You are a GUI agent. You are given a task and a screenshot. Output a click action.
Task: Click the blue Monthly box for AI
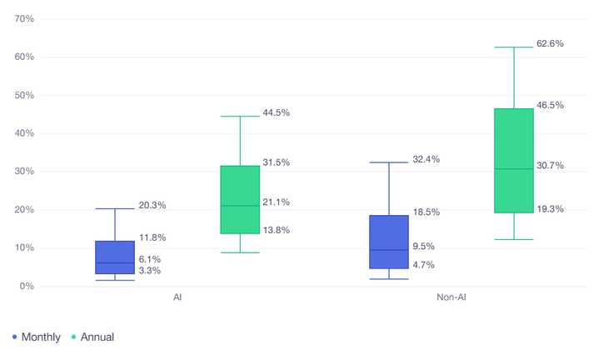115,257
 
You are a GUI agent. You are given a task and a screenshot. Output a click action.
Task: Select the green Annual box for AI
240,200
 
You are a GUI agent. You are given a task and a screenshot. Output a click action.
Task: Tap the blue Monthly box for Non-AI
389,242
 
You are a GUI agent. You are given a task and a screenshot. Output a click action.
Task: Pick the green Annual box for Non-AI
514,161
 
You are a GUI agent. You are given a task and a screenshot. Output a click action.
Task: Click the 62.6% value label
550,43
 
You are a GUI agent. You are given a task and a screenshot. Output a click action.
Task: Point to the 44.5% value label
276,112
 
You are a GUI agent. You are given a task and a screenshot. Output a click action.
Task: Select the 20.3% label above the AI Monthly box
152,205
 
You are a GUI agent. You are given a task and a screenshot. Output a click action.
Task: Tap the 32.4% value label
426,159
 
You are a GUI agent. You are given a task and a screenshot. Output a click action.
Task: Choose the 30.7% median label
550,166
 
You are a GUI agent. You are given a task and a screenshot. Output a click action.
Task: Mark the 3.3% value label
150,271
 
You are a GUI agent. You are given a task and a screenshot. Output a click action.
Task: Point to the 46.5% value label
550,106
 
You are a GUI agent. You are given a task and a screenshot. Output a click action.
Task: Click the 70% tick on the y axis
24,19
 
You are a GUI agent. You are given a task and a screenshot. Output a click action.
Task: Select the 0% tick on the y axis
27,287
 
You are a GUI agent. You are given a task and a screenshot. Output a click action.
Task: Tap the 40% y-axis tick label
24,133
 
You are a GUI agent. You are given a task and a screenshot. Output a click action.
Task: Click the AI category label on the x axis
177,297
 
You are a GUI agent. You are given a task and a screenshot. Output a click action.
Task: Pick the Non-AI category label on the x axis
451,297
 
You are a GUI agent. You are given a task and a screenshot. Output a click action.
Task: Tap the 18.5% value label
426,212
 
